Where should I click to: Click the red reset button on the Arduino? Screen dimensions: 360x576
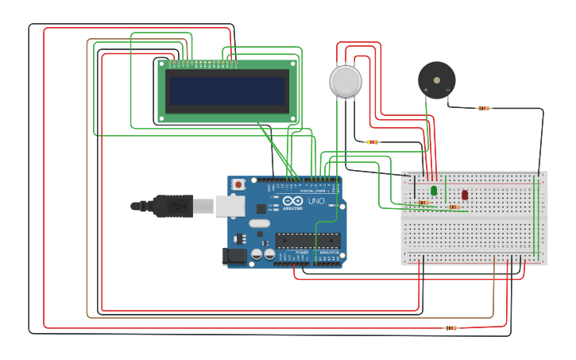tap(237, 184)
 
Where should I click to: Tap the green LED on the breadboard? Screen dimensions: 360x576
tap(434, 191)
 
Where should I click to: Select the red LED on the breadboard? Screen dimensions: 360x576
tap(465, 194)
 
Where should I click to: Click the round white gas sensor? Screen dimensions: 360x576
tap(346, 81)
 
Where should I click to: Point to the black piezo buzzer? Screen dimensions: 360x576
tap(437, 79)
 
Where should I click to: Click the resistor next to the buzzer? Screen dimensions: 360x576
tap(483, 108)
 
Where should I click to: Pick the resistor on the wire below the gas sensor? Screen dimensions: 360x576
tap(372, 142)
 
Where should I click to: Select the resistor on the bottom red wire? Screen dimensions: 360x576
tap(450, 327)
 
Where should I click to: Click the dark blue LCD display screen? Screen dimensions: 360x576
tap(227, 91)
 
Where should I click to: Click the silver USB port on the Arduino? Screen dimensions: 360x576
tap(230, 207)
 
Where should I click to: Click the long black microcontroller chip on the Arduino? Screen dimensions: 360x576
tap(307, 240)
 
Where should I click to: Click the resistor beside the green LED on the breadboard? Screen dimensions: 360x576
tap(423, 203)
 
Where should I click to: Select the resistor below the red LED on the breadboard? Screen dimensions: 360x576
tap(454, 207)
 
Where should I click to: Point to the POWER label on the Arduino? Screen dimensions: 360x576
tap(302, 252)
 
